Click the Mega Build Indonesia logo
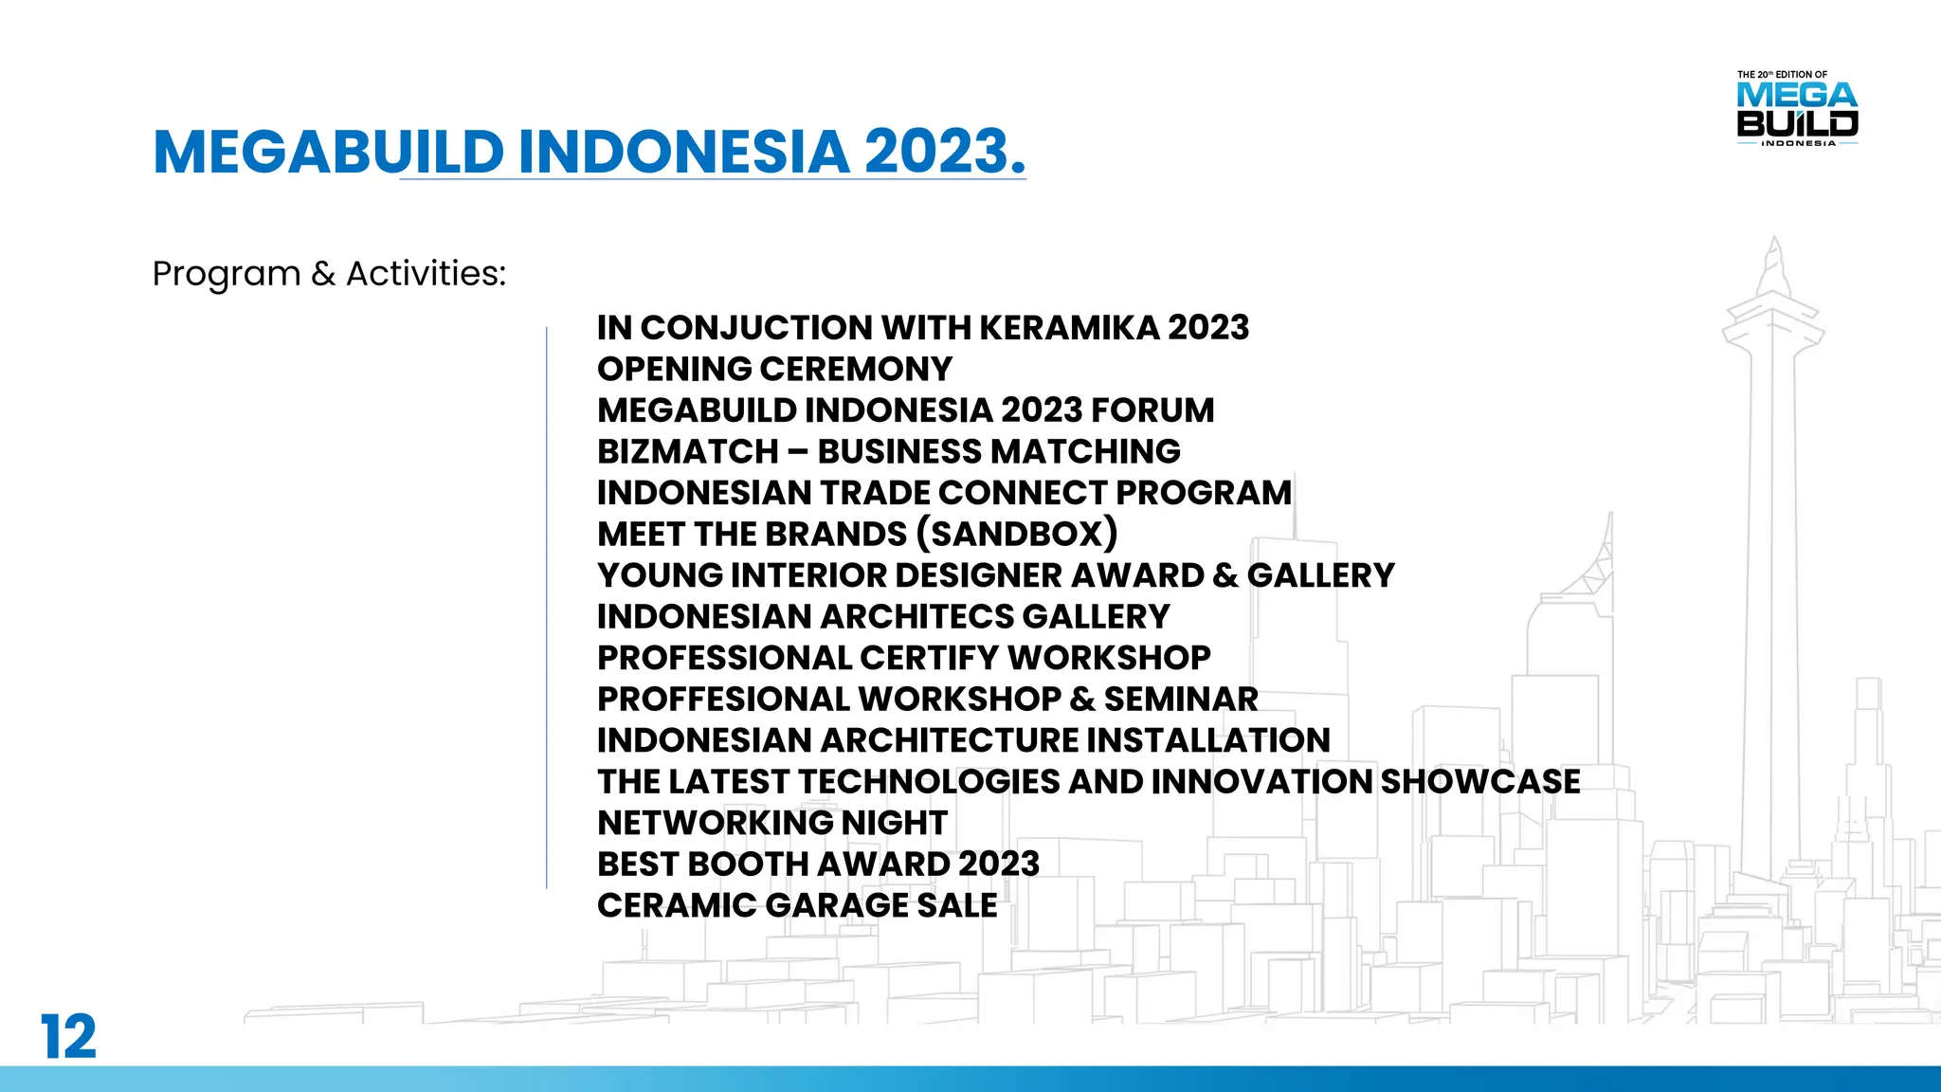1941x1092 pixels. tap(1797, 110)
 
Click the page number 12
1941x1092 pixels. tap(68, 1036)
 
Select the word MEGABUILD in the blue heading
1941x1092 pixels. tap(328, 152)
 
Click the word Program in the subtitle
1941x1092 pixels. tap(226, 274)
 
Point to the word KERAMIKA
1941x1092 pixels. tap(1068, 328)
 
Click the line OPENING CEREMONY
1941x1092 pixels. tap(774, 369)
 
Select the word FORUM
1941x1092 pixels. tap(1152, 410)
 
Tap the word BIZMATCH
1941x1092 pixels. tap(687, 451)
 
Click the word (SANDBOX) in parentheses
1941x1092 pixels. tap(1017, 534)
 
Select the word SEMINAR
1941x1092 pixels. tap(1180, 699)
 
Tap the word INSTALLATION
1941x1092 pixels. tap(1207, 740)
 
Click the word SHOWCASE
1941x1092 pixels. tap(1479, 781)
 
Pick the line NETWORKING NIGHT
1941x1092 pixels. tap(771, 823)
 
